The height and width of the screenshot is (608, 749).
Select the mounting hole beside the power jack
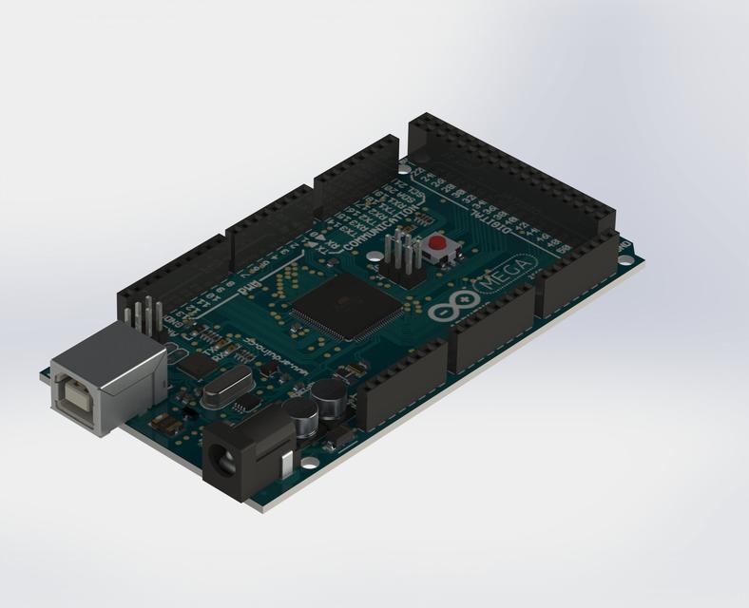click(311, 463)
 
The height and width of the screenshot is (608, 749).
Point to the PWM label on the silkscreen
click(251, 281)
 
